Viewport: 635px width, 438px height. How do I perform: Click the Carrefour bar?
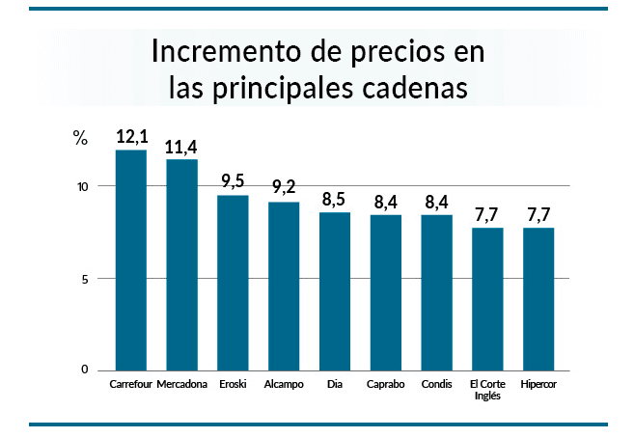(x=131, y=260)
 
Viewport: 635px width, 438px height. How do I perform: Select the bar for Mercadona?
(x=182, y=265)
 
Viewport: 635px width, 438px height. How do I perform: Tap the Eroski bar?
(x=233, y=283)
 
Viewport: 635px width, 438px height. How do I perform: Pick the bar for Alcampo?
(x=284, y=286)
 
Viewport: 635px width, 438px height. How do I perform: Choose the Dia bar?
(x=335, y=290)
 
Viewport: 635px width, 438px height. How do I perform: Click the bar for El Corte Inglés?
(x=487, y=298)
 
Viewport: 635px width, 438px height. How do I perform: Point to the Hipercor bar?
(x=538, y=298)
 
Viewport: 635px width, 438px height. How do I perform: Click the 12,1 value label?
(x=131, y=137)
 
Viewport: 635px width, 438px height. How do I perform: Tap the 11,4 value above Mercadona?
(x=181, y=147)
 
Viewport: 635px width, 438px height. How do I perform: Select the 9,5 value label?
(x=233, y=180)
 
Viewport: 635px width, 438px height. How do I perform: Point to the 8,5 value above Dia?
(x=335, y=200)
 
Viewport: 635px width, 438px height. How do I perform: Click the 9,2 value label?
(x=284, y=187)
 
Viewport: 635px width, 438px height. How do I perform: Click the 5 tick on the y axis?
(x=85, y=279)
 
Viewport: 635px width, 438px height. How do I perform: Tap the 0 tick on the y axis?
(x=85, y=370)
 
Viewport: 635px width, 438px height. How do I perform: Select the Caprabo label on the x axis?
(x=385, y=385)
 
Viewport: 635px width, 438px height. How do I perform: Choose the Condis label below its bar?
(x=436, y=385)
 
